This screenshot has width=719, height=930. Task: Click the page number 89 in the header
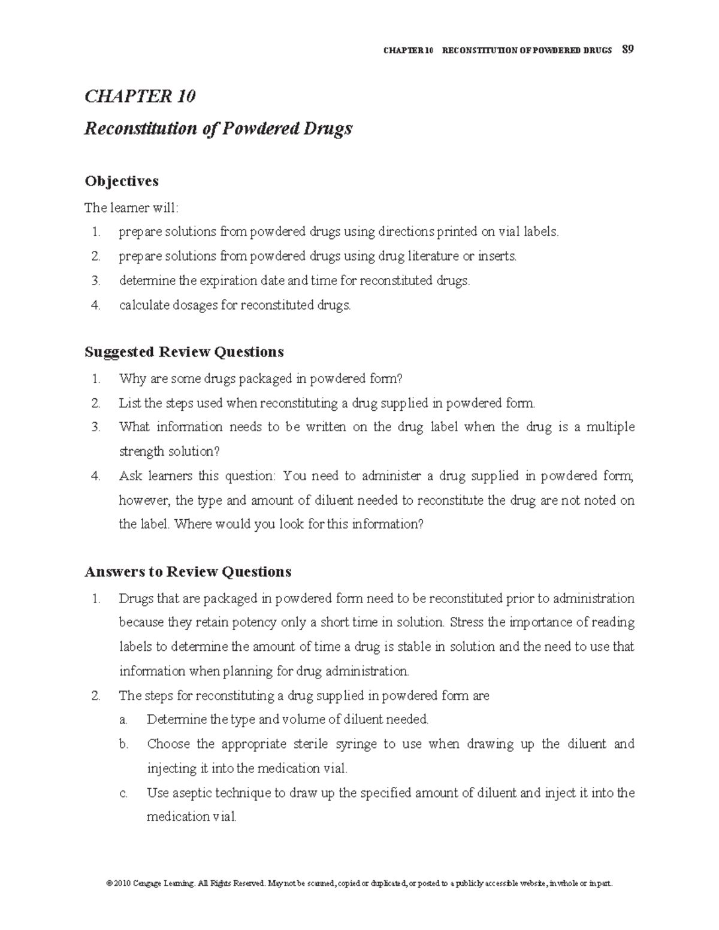pyautogui.click(x=628, y=50)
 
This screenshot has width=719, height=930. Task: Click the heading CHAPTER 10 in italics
pyautogui.click(x=140, y=96)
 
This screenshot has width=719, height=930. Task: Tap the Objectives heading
pyautogui.click(x=122, y=181)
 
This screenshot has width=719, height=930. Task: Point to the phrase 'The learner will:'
pyautogui.click(x=131, y=208)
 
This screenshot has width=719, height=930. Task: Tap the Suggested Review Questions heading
pyautogui.click(x=184, y=352)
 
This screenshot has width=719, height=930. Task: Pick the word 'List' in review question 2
pyautogui.click(x=129, y=403)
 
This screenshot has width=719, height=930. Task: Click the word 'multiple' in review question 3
pyautogui.click(x=610, y=427)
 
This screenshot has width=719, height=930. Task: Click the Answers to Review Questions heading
pyautogui.click(x=188, y=572)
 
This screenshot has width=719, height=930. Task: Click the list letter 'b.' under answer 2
pyautogui.click(x=123, y=744)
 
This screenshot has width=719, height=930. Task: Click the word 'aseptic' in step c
pyautogui.click(x=192, y=793)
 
